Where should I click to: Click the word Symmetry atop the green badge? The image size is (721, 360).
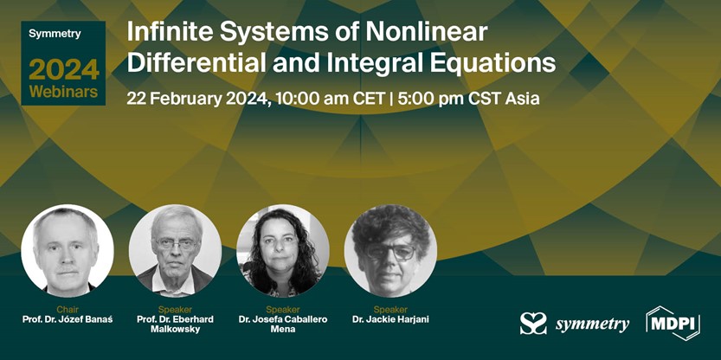tap(55, 34)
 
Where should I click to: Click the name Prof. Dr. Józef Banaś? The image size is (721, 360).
tap(68, 319)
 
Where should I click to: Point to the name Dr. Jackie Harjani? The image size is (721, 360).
tap(390, 319)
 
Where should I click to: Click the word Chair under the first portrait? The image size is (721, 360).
tap(68, 309)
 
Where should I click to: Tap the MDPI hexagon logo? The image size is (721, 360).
tap(673, 323)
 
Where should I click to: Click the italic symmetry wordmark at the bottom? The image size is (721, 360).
tap(592, 325)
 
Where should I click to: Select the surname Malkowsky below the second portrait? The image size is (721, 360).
tap(175, 329)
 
